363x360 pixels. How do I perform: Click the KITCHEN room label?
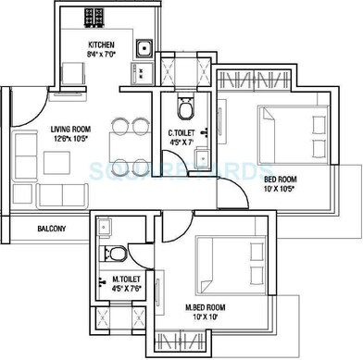(x=101, y=44)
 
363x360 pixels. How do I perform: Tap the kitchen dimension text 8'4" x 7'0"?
(x=101, y=56)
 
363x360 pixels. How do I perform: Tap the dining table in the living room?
(x=128, y=143)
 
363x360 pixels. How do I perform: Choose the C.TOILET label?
(x=181, y=132)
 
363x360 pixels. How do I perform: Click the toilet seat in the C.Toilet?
(x=184, y=110)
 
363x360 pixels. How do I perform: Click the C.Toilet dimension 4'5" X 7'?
(x=181, y=143)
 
